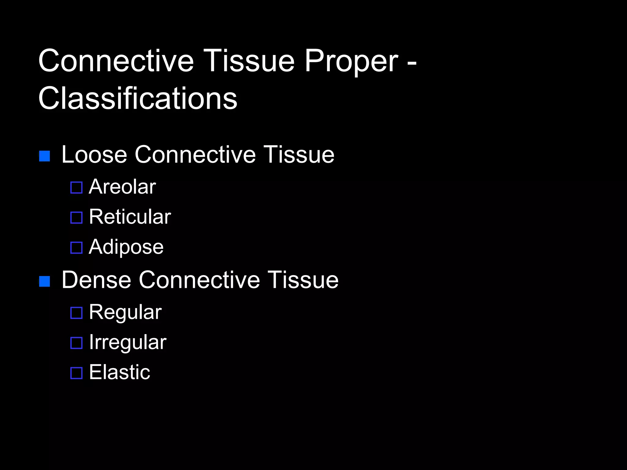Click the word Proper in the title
pos(351,62)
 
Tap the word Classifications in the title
pos(138,99)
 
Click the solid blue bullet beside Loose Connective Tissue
pos(45,156)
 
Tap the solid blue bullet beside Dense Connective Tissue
pos(45,282)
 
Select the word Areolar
pos(122,187)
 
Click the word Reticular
pos(130,217)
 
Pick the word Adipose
pos(126,247)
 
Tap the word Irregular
pos(128,342)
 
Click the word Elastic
pos(120,372)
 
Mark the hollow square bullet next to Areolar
pos(77,188)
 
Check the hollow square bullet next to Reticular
pos(77,218)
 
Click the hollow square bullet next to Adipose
pos(77,248)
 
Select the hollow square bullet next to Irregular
pos(77,343)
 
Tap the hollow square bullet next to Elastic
pos(77,373)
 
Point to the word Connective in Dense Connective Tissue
pos(199,280)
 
